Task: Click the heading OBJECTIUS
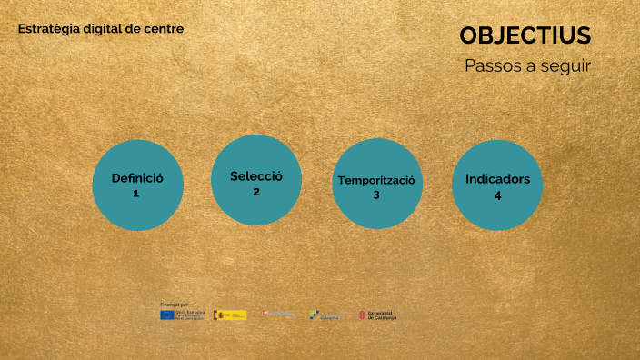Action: click(525, 35)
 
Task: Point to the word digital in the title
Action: click(102, 29)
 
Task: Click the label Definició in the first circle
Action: click(137, 178)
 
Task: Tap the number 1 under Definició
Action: click(136, 194)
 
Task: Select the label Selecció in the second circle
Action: click(256, 176)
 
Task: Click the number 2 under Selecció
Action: click(256, 192)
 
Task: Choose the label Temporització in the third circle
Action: click(376, 180)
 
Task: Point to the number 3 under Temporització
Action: click(376, 195)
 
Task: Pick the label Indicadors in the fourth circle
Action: click(497, 179)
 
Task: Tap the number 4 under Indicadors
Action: click(497, 195)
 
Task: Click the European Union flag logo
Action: click(167, 315)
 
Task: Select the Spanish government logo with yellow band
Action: click(230, 315)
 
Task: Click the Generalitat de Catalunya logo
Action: click(376, 315)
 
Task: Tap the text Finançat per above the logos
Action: click(174, 304)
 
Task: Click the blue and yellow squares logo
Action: click(315, 315)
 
